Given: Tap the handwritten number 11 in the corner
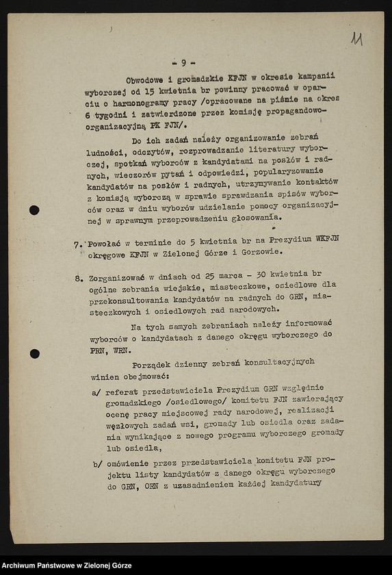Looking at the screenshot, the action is pos(356,39).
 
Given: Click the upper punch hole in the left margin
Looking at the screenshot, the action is pos(34,210).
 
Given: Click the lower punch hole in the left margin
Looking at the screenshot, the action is pos(34,354).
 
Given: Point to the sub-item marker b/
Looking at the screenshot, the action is pos(96,464).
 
